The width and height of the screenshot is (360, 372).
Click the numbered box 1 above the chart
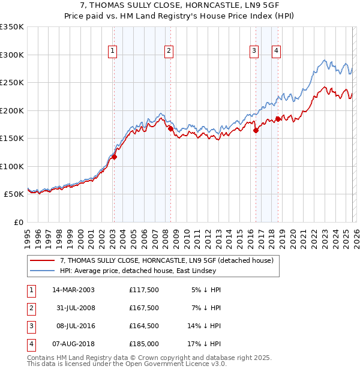click(113, 52)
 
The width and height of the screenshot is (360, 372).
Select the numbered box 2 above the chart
click(169, 52)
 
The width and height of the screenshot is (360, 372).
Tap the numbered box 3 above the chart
click(254, 52)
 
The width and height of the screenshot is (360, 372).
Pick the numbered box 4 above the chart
click(276, 52)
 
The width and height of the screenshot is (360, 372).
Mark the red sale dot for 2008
click(171, 128)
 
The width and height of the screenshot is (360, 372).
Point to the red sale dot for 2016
click(256, 130)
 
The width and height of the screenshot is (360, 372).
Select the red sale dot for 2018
click(278, 119)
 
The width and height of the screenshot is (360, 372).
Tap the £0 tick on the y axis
click(18, 222)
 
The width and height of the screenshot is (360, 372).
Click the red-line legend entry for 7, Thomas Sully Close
click(166, 260)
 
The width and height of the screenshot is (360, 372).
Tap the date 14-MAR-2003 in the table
click(73, 290)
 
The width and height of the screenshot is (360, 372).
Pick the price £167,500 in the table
click(144, 308)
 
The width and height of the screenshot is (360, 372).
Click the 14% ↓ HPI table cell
click(205, 326)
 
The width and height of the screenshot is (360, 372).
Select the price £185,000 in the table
click(144, 344)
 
